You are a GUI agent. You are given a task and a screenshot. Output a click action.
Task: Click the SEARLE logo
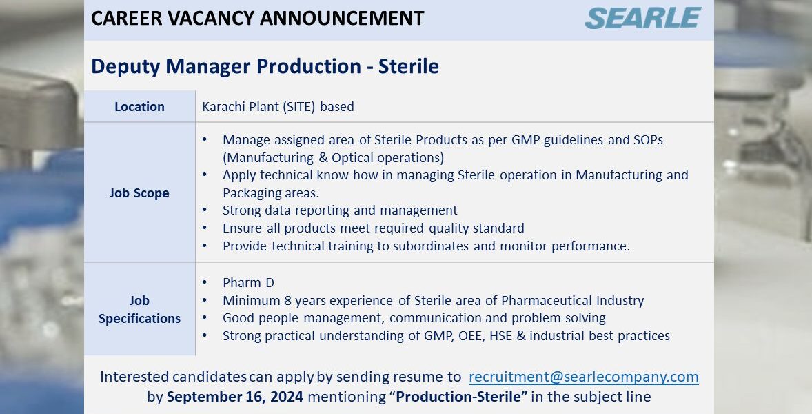click(x=643, y=18)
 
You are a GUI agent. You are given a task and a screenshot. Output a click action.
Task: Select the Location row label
click(x=139, y=107)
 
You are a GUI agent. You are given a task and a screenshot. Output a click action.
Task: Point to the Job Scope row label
click(x=139, y=193)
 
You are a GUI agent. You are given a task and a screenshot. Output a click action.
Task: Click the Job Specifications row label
click(x=139, y=309)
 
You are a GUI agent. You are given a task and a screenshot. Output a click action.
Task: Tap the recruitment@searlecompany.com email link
click(x=584, y=377)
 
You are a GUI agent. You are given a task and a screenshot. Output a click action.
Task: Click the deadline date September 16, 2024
click(x=235, y=397)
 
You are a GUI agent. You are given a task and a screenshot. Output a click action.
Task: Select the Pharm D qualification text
click(x=249, y=283)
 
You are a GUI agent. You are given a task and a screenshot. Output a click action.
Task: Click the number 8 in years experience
click(x=287, y=301)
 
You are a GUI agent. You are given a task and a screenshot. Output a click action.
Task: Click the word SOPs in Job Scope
click(x=649, y=140)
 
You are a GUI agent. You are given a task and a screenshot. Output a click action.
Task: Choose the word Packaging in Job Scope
click(x=245, y=193)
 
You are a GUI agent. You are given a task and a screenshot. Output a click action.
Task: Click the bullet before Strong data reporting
click(x=205, y=210)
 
